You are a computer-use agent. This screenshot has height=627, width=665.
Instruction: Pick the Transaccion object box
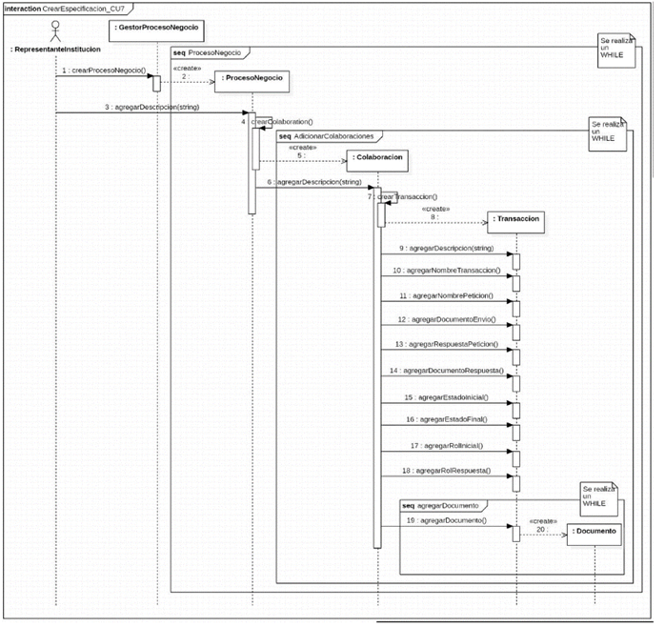[x=517, y=219]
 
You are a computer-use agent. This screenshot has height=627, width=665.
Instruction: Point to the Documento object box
[x=593, y=530]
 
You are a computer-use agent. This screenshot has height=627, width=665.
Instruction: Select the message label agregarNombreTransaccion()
[x=447, y=272]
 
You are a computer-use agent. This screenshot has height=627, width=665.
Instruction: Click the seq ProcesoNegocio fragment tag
[x=208, y=52]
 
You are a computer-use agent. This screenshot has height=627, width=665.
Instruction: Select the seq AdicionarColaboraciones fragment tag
[x=329, y=136]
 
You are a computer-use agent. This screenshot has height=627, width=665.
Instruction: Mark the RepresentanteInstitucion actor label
[x=54, y=49]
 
